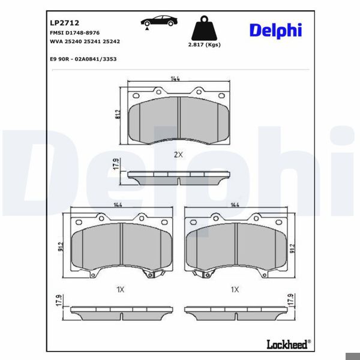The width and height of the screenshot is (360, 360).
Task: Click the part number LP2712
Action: click(x=65, y=23)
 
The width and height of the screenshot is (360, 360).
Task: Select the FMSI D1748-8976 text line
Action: click(x=74, y=33)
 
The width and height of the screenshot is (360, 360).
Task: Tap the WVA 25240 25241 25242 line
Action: click(x=85, y=41)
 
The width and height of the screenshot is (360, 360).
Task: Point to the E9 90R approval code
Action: click(x=83, y=59)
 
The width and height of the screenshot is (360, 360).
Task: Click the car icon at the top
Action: click(x=159, y=22)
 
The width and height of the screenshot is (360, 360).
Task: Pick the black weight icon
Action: click(x=204, y=28)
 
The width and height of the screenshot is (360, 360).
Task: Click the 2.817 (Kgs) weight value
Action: click(x=205, y=44)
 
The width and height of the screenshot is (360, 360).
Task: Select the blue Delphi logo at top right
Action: click(x=275, y=31)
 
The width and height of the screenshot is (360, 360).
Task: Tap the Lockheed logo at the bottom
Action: click(x=289, y=344)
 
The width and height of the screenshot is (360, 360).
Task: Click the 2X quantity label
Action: click(x=178, y=155)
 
